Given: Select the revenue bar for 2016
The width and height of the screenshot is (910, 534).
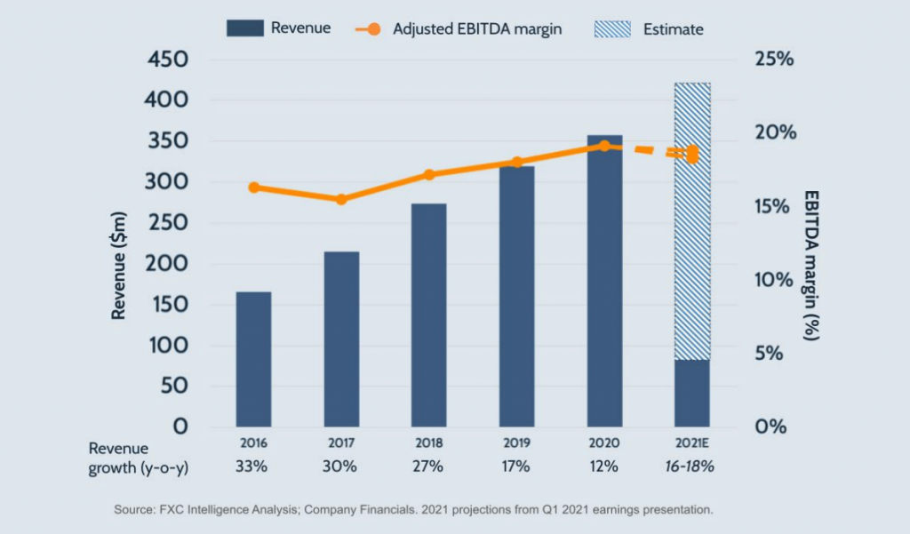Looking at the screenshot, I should point(253,359).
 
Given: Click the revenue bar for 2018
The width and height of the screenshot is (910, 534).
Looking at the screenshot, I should point(428,315).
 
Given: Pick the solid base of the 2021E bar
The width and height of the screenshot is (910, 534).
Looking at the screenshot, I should point(692,393).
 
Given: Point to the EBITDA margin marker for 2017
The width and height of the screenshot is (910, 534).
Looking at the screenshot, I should point(341,199).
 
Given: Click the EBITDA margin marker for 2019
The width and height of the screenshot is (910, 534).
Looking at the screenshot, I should point(516,163).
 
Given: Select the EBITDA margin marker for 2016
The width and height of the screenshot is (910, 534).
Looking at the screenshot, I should point(254,187).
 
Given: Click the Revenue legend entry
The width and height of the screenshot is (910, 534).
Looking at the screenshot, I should point(279,28).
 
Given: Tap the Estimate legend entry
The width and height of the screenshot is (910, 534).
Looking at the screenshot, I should point(649,28).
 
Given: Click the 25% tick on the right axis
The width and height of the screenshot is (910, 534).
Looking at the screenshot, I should point(774,60).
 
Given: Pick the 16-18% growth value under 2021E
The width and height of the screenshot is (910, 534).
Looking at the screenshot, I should point(692,466).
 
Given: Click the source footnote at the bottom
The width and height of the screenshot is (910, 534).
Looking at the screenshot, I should point(414,510).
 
